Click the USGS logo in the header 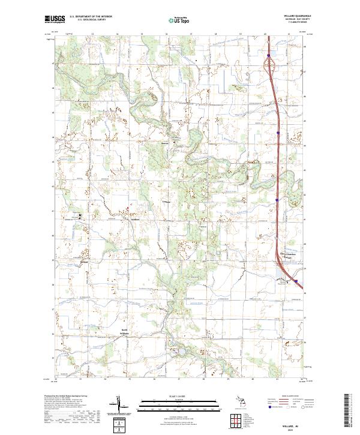click(x=55, y=19)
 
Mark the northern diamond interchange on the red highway click(x=268, y=58)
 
